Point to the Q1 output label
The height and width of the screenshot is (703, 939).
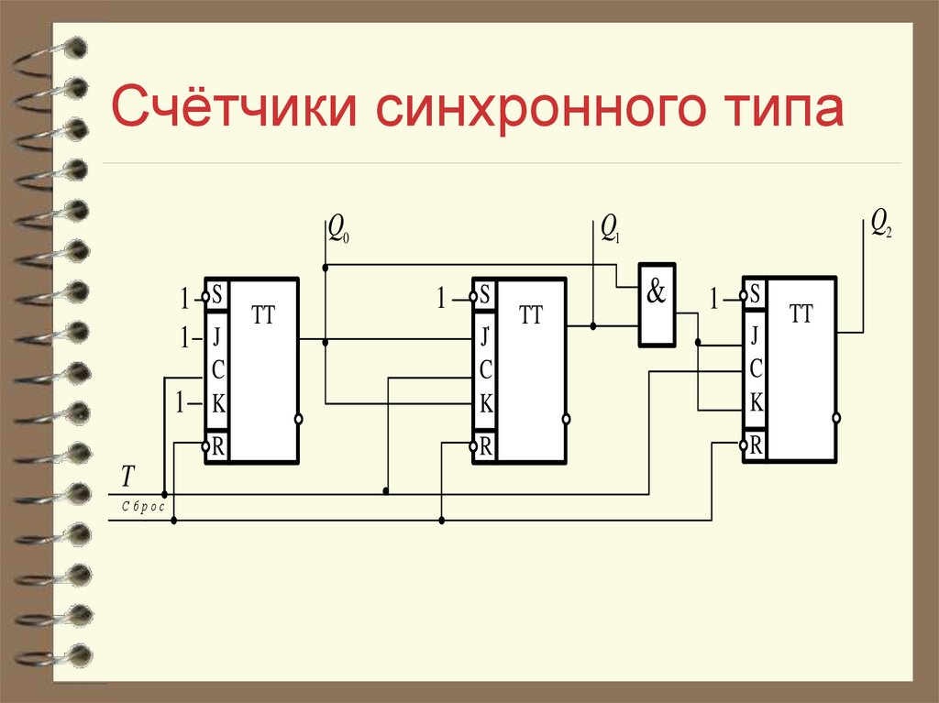coord(610,229)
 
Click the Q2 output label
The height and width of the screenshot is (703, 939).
coord(881,223)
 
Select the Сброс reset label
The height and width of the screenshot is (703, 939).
coord(140,506)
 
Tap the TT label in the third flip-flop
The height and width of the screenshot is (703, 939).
coord(801,313)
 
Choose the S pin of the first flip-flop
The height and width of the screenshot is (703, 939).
coord(217,296)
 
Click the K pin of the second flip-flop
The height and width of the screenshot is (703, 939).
coord(486,403)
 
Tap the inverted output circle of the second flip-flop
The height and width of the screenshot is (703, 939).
coord(567,419)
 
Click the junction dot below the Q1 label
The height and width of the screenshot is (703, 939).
coord(593,325)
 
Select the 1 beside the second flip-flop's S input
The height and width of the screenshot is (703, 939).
coord(441,297)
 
